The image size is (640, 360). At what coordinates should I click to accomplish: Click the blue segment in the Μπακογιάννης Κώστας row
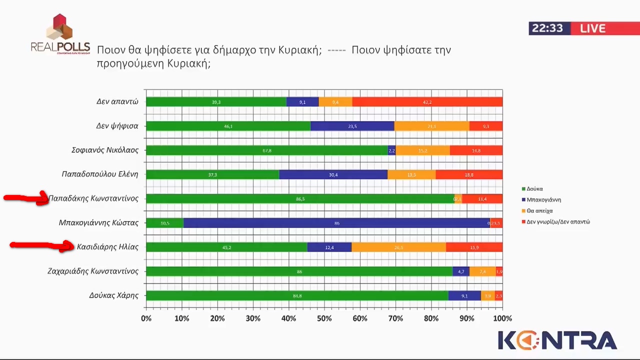tap(336, 223)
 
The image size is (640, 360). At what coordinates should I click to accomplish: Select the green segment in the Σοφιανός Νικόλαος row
tap(266, 150)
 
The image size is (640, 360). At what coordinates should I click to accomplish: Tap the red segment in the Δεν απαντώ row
tap(427, 102)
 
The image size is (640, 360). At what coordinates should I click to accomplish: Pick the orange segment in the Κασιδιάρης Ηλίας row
tap(398, 247)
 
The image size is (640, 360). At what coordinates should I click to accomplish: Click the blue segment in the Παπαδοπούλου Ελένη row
tap(333, 174)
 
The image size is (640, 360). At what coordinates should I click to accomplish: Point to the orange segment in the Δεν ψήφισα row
tap(431, 126)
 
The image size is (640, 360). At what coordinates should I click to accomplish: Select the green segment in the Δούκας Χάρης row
tap(297, 295)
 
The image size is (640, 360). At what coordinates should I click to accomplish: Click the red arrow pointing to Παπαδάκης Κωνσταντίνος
tap(26, 198)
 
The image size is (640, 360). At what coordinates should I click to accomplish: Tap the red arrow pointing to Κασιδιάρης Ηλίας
tap(42, 245)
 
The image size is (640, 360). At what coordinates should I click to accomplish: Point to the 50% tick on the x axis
tap(324, 318)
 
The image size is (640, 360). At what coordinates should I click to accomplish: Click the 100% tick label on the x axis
tap(502, 318)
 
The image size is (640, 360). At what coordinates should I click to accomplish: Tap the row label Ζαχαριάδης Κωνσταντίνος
tap(92, 271)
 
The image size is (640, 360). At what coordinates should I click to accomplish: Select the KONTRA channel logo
tap(557, 340)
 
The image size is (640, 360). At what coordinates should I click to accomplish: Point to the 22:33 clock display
tap(547, 28)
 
